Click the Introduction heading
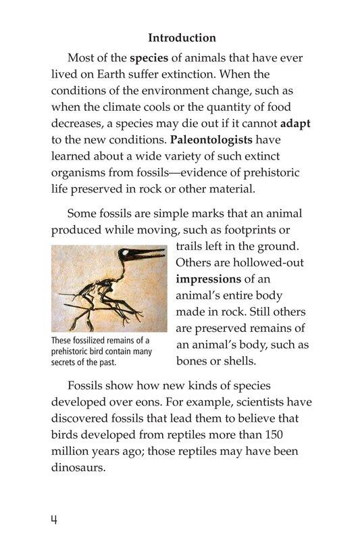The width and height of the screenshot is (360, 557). (x=182, y=38)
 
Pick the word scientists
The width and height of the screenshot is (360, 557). (x=252, y=402)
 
